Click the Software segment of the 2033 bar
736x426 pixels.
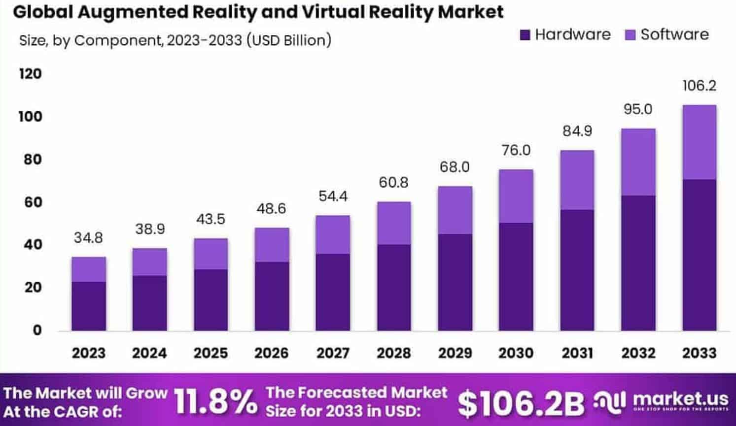pos(699,142)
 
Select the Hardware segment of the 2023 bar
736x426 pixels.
pos(89,306)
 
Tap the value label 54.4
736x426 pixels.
pos(333,196)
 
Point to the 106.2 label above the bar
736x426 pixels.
pos(699,86)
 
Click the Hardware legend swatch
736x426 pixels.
pos(525,35)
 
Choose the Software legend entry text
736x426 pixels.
pos(674,34)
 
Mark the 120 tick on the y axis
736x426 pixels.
pos(31,74)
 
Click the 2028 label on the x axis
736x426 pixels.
pos(394,353)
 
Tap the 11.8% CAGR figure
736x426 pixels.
pos(215,401)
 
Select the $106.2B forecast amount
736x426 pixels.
pos(521,403)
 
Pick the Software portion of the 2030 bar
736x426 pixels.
pos(516,196)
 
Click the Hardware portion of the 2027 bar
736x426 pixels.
pos(333,292)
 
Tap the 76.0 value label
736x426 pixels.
pos(516,150)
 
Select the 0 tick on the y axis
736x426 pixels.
pos(37,330)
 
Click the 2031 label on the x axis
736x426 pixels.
pos(577,353)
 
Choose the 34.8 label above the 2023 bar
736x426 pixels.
pos(89,238)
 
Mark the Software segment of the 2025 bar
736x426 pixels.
pos(211,254)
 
